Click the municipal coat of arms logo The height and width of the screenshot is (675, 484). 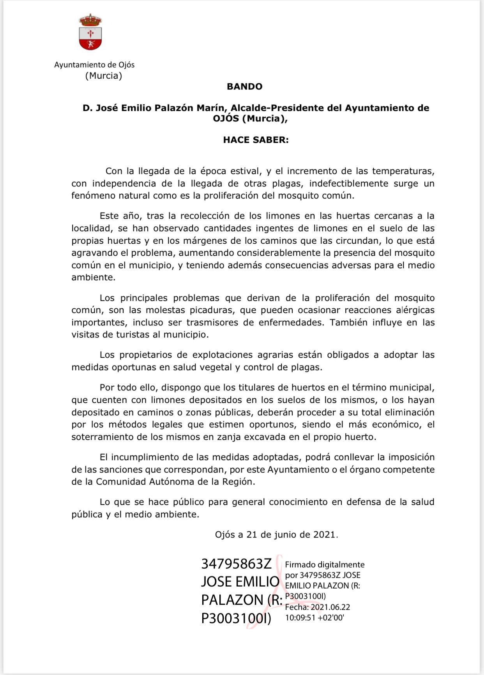(x=90, y=33)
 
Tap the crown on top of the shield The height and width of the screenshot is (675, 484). (x=90, y=19)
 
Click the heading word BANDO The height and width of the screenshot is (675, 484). (x=244, y=86)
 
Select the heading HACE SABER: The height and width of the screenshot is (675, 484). (x=256, y=140)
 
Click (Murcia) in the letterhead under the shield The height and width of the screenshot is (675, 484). (x=104, y=76)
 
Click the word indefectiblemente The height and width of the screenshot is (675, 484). (x=343, y=183)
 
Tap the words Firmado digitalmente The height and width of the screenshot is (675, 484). (x=325, y=564)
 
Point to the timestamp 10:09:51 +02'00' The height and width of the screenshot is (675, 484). (x=314, y=617)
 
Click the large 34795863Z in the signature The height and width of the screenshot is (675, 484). (x=236, y=564)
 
